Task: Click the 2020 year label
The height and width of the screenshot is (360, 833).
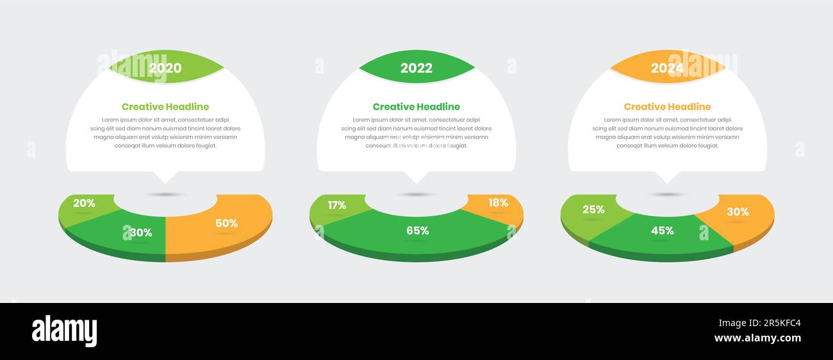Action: pyautogui.click(x=165, y=68)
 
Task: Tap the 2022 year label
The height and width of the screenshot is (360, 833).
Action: pyautogui.click(x=416, y=68)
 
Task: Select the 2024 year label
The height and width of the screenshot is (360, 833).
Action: pyautogui.click(x=667, y=68)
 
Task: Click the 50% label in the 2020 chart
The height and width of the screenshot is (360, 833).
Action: pyautogui.click(x=226, y=224)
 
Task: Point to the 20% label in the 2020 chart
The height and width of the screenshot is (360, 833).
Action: pyautogui.click(x=84, y=204)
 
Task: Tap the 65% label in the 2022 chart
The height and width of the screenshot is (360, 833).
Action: pyautogui.click(x=417, y=231)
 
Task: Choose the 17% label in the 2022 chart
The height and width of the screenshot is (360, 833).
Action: pyautogui.click(x=336, y=206)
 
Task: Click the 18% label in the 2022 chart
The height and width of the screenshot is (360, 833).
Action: pyautogui.click(x=498, y=203)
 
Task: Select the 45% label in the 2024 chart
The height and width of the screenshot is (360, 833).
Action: pyautogui.click(x=662, y=231)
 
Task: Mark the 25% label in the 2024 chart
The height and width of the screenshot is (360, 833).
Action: pyautogui.click(x=593, y=209)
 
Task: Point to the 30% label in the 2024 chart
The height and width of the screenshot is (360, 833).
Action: pyautogui.click(x=738, y=212)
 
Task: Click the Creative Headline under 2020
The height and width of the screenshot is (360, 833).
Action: pyautogui.click(x=165, y=107)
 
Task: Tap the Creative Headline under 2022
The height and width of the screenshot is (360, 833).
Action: pyautogui.click(x=416, y=107)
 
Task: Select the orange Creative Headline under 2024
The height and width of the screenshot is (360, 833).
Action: pyautogui.click(x=667, y=107)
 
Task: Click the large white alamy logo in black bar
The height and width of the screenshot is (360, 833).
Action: pyautogui.click(x=65, y=331)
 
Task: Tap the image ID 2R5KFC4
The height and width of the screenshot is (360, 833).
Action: pyautogui.click(x=759, y=323)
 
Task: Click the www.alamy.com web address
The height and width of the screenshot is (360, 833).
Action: pyautogui.click(x=757, y=338)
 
